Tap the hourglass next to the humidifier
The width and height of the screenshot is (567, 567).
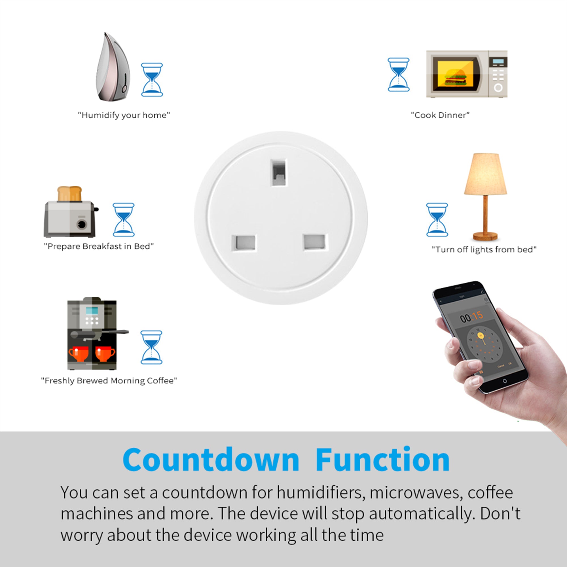coord(152,80)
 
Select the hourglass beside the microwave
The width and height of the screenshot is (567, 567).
coord(398,75)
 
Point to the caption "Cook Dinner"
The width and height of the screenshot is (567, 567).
coord(440,115)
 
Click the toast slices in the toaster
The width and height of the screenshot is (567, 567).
coord(69,194)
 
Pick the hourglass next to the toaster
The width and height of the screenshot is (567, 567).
coord(124,219)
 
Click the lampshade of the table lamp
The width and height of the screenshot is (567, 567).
coord(485,174)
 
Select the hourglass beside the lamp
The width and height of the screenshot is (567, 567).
coord(437,219)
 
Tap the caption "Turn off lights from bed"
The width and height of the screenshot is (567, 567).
coord(484,249)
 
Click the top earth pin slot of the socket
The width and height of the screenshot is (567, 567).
coord(278,173)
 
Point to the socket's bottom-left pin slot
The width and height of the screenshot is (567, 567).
coord(244,243)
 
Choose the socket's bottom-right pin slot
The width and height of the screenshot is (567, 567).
coord(315,242)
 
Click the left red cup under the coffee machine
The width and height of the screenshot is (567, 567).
coord(78,353)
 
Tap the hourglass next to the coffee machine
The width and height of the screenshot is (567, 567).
coord(151,348)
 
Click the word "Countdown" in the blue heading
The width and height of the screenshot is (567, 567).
coord(211,460)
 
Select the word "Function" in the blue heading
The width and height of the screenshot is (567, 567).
coord(382,460)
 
